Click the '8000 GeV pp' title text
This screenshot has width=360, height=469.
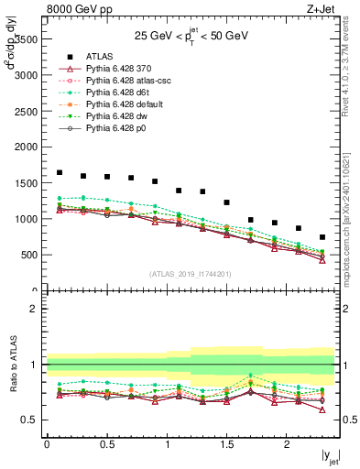coord(76,10)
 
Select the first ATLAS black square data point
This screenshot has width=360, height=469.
coord(60,172)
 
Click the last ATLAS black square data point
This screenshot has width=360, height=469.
coord(322,237)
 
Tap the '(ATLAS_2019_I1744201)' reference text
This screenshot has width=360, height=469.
coord(191,274)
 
